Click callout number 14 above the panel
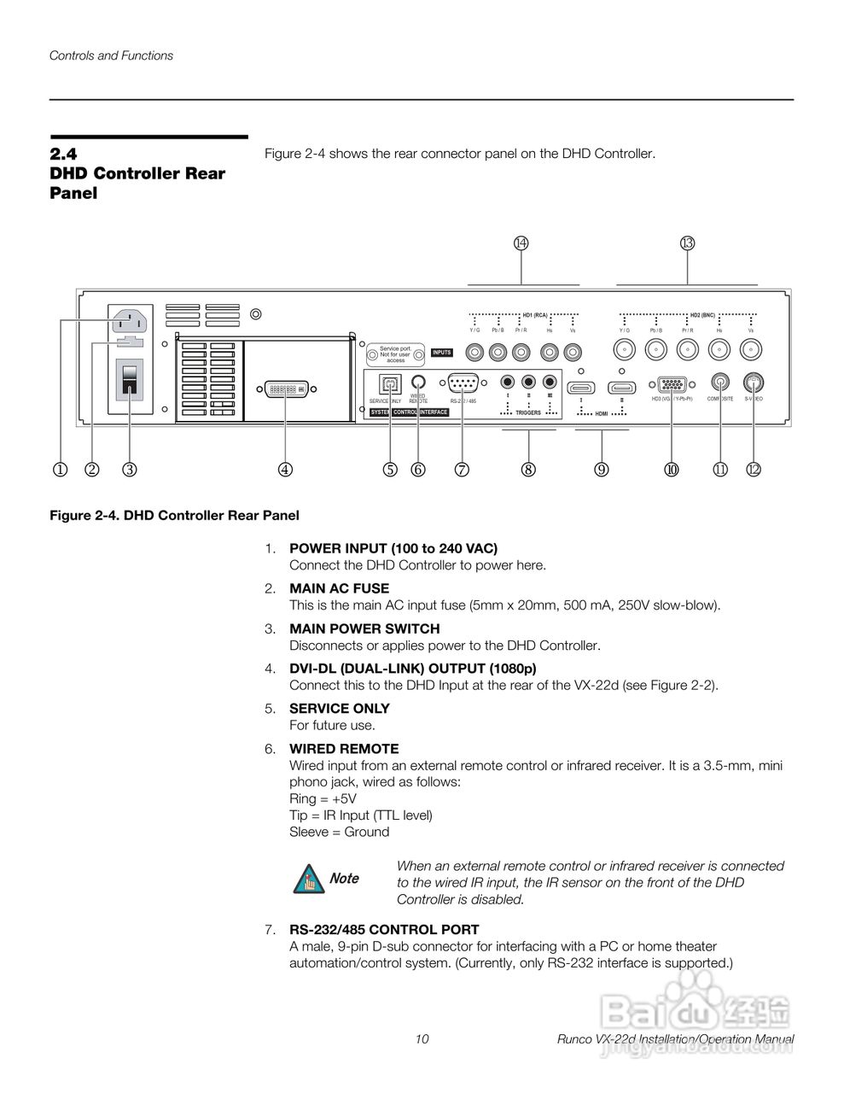(521, 243)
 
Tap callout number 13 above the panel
(688, 243)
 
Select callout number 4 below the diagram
(285, 469)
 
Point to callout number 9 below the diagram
(602, 469)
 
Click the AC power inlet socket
(129, 322)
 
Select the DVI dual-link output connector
(286, 389)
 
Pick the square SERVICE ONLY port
(391, 383)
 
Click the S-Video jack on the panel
(753, 383)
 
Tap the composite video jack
(721, 383)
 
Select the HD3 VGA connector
(672, 385)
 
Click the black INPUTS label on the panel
(441, 353)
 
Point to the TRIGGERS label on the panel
(528, 412)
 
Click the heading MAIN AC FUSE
(339, 588)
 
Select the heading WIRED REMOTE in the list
(344, 749)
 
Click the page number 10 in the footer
(422, 1039)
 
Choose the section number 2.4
(63, 155)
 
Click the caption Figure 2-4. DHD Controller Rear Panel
(174, 516)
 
